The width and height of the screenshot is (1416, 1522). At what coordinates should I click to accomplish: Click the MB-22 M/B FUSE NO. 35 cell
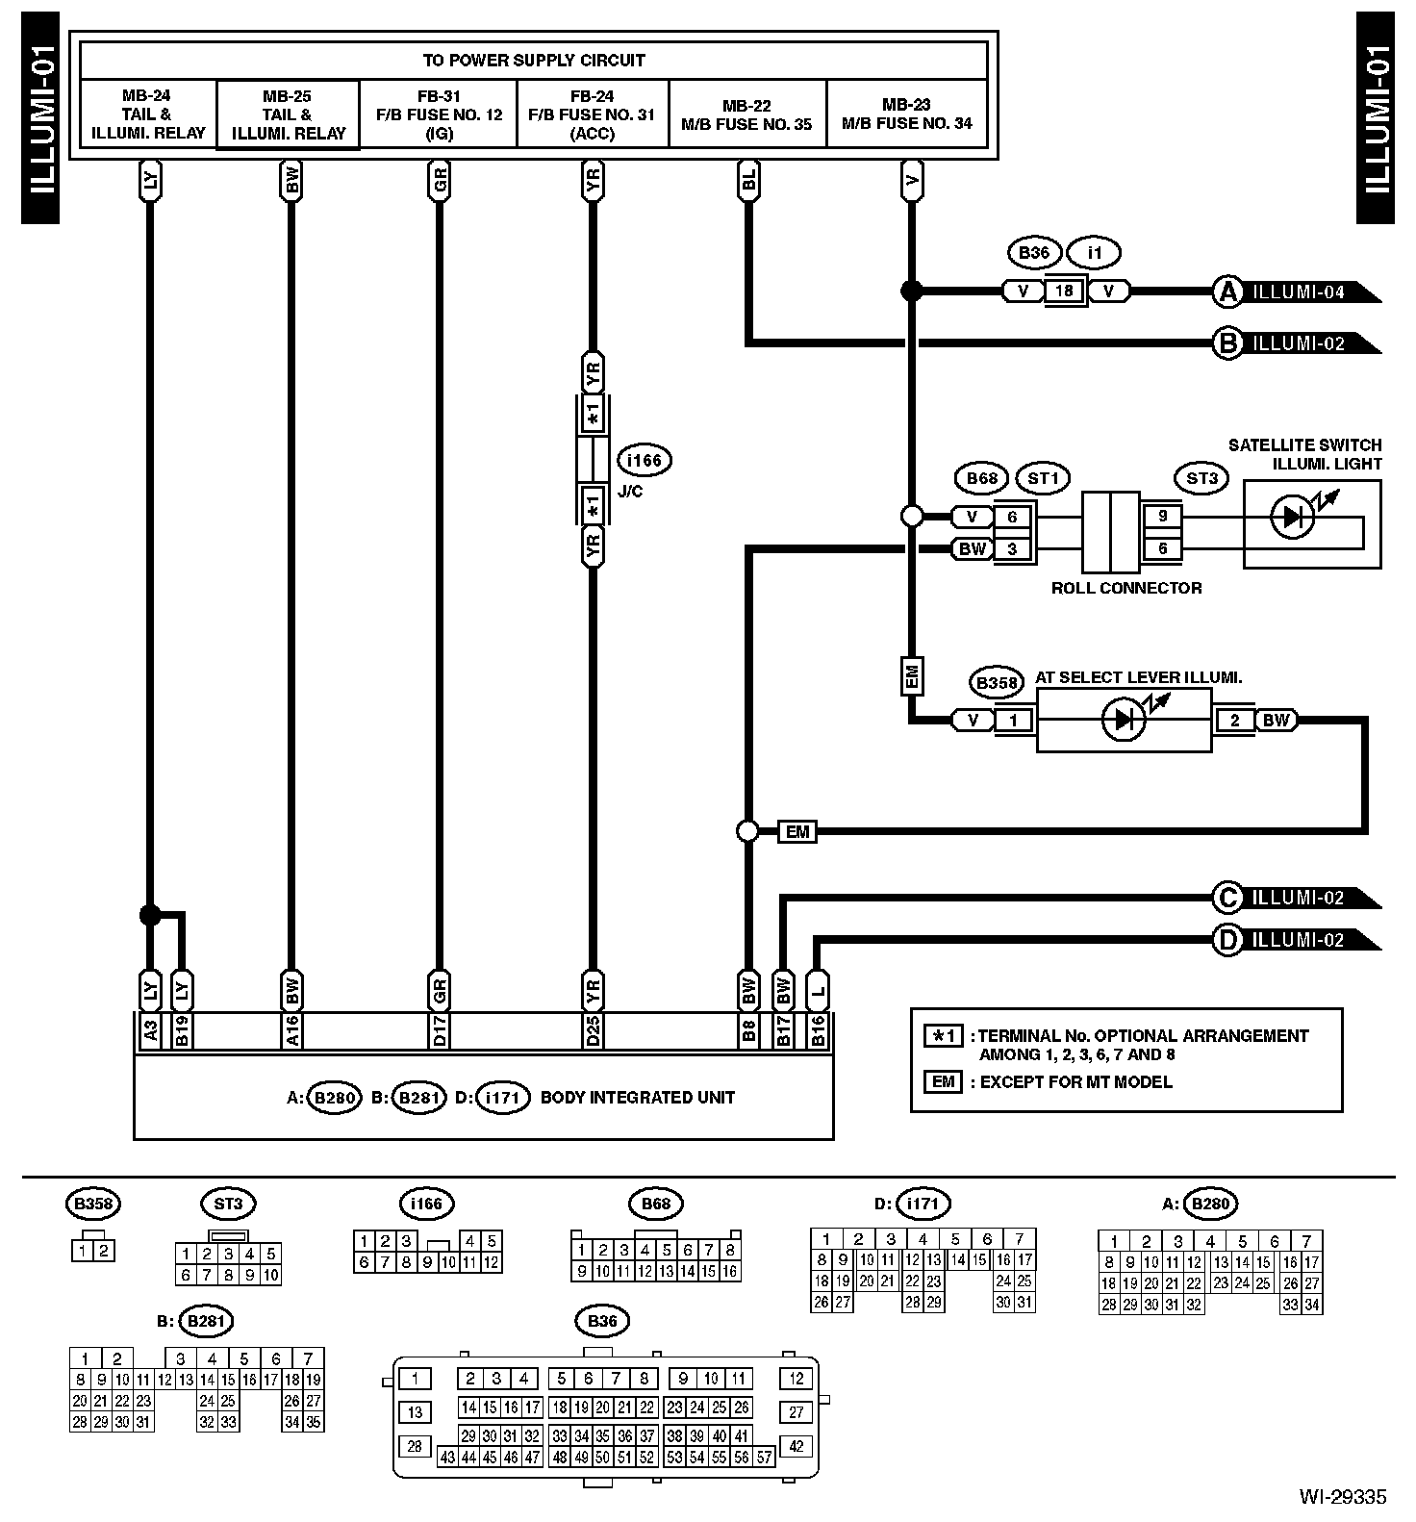pyautogui.click(x=746, y=114)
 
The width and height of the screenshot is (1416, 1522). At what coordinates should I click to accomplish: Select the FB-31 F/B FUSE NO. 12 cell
pyautogui.click(x=439, y=114)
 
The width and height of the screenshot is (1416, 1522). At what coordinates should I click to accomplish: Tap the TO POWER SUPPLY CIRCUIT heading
pyautogui.click(x=534, y=60)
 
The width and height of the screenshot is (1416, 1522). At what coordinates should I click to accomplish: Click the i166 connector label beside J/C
pyautogui.click(x=644, y=460)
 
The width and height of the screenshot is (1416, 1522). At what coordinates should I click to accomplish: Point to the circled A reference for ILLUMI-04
pyautogui.click(x=1227, y=292)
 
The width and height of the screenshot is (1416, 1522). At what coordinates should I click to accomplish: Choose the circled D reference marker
pyautogui.click(x=1227, y=940)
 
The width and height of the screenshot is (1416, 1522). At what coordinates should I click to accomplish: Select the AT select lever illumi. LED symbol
pyautogui.click(x=1122, y=720)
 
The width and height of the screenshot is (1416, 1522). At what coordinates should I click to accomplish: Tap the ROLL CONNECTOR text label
pyautogui.click(x=1125, y=588)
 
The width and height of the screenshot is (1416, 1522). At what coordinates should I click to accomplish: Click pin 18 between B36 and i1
pyautogui.click(x=1065, y=291)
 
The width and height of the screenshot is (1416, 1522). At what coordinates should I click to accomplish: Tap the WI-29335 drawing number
pyautogui.click(x=1342, y=1496)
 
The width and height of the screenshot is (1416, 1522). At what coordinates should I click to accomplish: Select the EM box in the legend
pyautogui.click(x=943, y=1081)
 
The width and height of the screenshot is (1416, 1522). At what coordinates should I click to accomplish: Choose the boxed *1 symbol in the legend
pyautogui.click(x=943, y=1036)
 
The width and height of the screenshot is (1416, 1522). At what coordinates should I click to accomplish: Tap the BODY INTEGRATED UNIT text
pyautogui.click(x=637, y=1097)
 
